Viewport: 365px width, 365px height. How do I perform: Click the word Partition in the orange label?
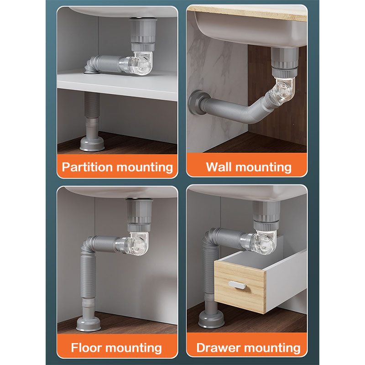click(88, 167)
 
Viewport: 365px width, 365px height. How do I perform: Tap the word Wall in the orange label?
click(219, 167)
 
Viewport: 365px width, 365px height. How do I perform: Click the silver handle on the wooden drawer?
click(237, 285)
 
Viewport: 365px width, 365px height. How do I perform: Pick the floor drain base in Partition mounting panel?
click(92, 143)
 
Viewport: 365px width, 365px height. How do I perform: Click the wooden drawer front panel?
click(240, 287)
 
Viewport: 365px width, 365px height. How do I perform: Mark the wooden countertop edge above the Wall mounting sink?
click(247, 13)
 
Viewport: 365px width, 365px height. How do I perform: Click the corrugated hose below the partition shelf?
click(92, 105)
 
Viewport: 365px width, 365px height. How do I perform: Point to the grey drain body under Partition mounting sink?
click(143, 35)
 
